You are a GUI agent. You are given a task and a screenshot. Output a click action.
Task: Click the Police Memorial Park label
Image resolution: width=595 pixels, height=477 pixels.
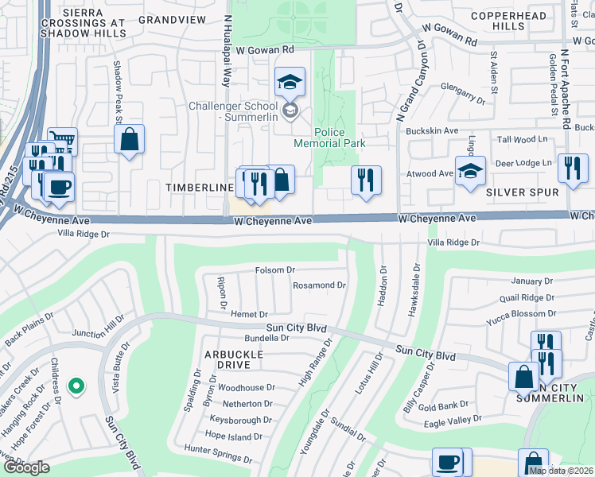tap(329, 138)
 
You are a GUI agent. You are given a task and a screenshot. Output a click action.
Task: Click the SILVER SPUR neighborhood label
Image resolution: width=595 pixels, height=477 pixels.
tap(522, 192)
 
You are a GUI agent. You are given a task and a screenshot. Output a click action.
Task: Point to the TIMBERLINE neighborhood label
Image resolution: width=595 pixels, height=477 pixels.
tap(199, 187)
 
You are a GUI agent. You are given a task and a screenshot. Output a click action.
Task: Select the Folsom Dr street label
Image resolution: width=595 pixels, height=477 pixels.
tap(275, 270)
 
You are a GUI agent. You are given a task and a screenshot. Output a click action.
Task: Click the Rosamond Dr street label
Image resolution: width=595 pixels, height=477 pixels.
tap(320, 285)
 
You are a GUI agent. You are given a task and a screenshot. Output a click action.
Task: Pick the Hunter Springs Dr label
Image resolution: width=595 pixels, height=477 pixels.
tap(217, 454)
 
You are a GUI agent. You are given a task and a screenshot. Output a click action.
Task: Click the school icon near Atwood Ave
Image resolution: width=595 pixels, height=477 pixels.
tap(470, 170)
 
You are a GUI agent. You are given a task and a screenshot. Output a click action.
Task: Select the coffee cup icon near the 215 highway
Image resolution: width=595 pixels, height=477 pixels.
tap(58, 187)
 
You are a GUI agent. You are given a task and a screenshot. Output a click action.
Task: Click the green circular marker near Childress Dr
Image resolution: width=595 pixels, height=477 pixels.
tap(76, 387)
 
